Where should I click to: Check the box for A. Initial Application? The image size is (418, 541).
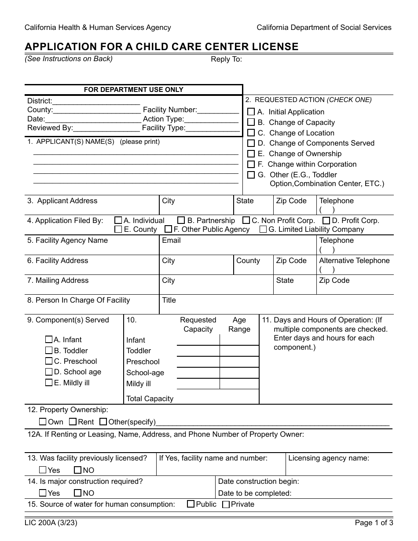click(x=251, y=112)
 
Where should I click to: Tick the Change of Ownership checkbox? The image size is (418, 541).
click(x=251, y=154)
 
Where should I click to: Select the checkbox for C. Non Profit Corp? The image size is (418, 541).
click(x=246, y=220)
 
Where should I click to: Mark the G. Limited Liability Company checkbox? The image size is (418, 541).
click(x=263, y=229)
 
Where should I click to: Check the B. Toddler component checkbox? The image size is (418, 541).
click(x=49, y=351)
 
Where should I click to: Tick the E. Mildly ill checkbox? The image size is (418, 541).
click(x=49, y=383)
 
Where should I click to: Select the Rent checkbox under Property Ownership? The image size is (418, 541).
click(x=73, y=422)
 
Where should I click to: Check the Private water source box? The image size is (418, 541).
click(x=226, y=504)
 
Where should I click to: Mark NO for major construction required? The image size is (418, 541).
click(x=77, y=493)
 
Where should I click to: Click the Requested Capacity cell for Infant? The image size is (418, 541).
click(x=198, y=340)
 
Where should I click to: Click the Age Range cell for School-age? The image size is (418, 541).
click(x=239, y=373)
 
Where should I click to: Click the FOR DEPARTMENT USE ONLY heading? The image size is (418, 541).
click(x=133, y=90)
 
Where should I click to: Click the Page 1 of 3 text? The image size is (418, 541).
click(x=374, y=523)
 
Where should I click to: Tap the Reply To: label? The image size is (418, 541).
click(x=226, y=59)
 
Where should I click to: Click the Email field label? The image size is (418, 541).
click(x=171, y=241)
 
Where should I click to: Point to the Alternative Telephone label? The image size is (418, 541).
click(x=354, y=260)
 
